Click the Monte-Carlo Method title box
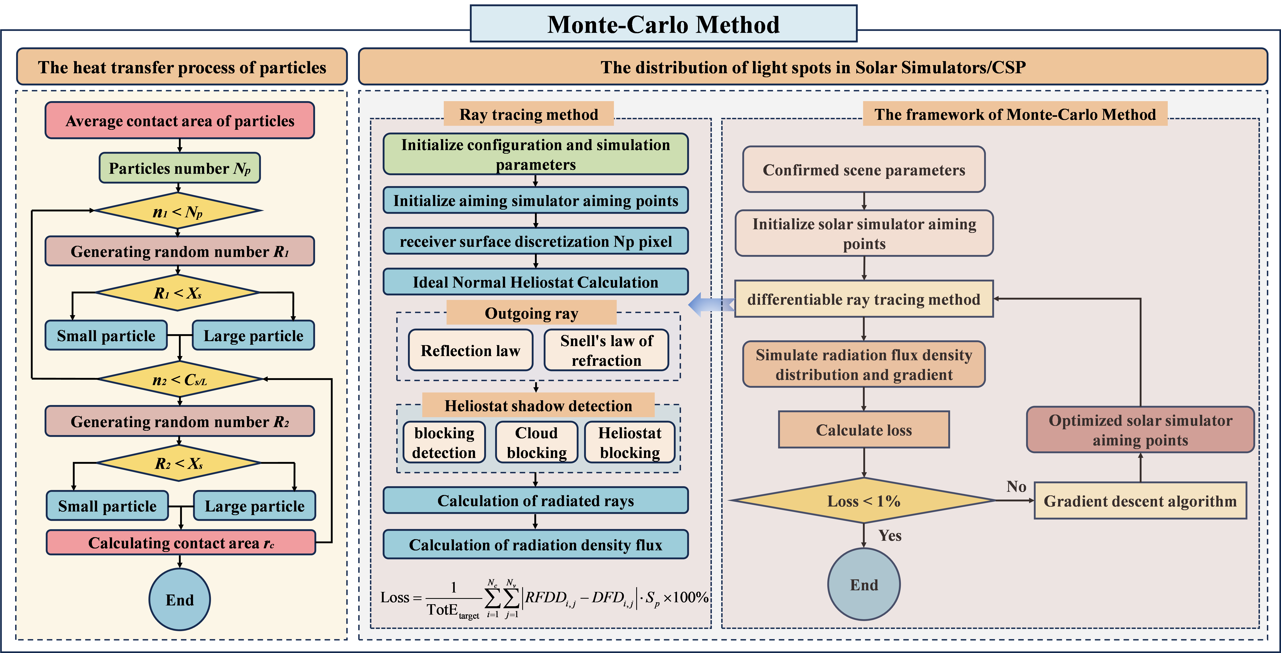tap(663, 24)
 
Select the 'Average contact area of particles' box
tap(180, 120)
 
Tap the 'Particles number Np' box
tap(180, 168)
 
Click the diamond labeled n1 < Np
tap(178, 211)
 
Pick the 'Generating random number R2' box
tap(180, 421)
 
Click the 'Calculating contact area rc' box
tap(181, 542)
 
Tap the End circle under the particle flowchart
tap(180, 599)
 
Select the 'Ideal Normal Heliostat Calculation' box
tap(536, 282)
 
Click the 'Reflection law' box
tap(470, 350)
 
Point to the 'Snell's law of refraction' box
tap(606, 350)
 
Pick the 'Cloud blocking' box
tap(537, 442)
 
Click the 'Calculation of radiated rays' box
tap(536, 500)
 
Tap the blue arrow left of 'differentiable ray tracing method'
tap(711, 303)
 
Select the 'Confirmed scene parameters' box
tap(864, 170)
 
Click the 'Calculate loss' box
tap(864, 430)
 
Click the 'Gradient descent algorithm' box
tap(1140, 501)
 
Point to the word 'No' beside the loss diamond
tap(1016, 486)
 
